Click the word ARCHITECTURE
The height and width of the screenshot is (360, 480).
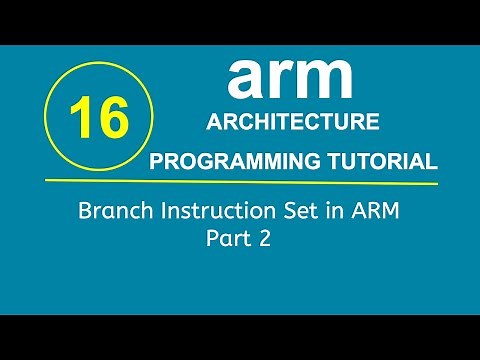[291, 122]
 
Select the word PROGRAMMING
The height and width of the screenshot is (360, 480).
[228, 162]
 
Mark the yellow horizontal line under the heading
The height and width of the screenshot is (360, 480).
[300, 182]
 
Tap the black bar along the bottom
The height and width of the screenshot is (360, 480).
[240, 337]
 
